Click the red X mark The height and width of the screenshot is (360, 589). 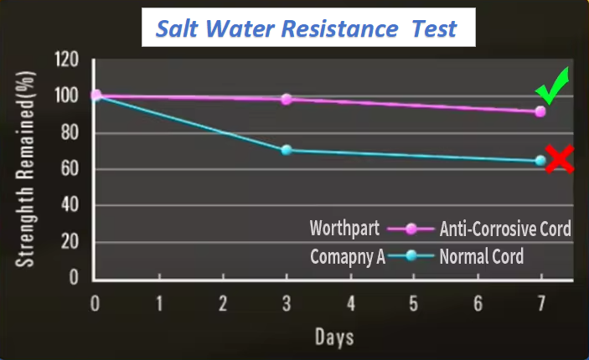tap(559, 158)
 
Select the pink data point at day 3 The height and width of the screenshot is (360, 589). tap(287, 99)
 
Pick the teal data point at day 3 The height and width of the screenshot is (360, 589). tap(287, 150)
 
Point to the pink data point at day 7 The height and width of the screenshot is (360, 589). tap(540, 111)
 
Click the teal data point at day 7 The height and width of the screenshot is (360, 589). tap(540, 160)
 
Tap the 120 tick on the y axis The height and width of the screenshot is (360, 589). tap(66, 59)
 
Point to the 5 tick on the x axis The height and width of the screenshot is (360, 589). tap(414, 301)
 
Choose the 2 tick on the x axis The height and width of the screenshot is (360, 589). tap(223, 301)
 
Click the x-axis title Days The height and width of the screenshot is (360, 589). tap(333, 337)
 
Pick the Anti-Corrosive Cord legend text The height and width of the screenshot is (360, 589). tap(505, 229)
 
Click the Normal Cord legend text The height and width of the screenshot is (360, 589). tap(482, 255)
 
